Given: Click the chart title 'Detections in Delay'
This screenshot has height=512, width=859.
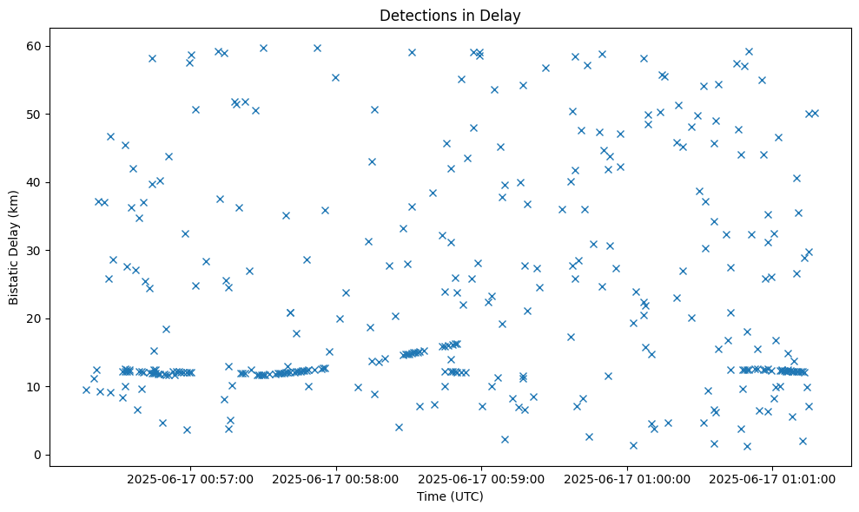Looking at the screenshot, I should [x=450, y=15].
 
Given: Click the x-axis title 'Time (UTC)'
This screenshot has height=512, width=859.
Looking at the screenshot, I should [x=450, y=497].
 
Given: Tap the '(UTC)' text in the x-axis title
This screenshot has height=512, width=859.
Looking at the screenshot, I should [x=466, y=497].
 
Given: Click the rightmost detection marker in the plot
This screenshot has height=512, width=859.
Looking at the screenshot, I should [x=815, y=113].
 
